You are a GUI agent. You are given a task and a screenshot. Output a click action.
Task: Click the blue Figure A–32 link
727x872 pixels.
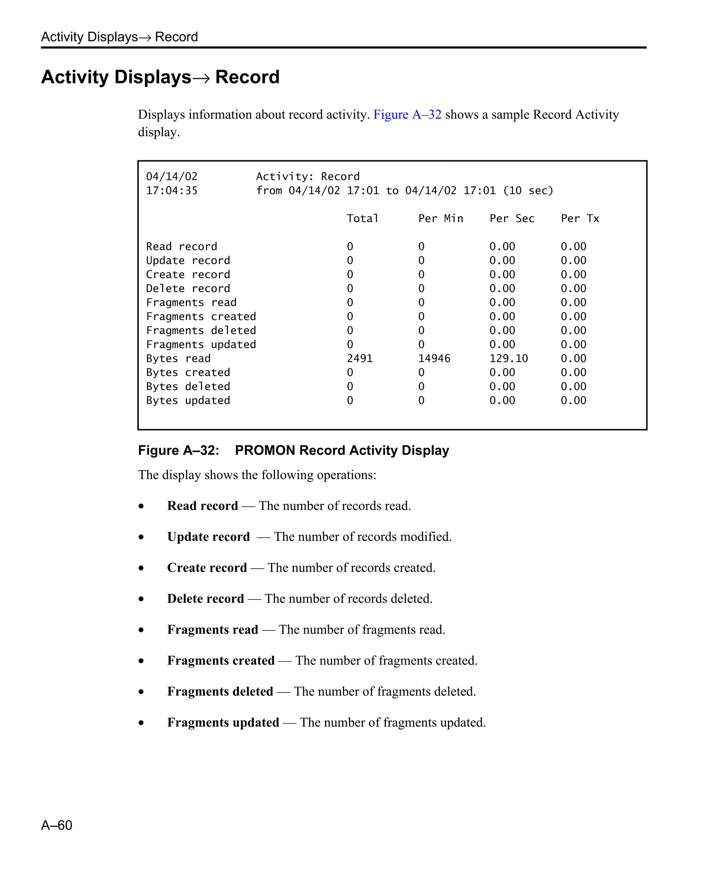407,114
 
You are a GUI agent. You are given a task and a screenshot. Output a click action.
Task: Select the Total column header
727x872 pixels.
362,219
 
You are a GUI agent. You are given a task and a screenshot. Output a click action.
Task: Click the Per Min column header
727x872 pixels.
441,219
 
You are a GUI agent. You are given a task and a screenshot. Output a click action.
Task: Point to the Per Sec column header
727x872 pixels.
512,219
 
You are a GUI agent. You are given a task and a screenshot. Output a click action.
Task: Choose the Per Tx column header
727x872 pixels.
580,219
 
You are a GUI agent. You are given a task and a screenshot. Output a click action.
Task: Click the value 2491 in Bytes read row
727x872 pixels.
359,358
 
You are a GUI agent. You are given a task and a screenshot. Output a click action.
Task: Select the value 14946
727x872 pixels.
434,358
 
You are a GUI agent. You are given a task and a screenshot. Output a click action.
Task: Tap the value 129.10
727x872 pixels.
508,358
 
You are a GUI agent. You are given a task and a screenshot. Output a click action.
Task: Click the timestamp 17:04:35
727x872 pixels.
171,191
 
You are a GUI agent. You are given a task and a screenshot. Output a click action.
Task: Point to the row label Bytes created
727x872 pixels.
188,372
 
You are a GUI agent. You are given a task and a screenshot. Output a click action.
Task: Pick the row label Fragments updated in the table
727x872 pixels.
201,344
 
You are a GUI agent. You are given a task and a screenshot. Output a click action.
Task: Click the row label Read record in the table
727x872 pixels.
181,246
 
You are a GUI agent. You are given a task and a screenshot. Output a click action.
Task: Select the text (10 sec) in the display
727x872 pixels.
528,191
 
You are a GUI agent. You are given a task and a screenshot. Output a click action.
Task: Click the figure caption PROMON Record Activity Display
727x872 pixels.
341,450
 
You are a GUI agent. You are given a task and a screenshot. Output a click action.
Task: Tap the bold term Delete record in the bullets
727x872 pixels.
205,598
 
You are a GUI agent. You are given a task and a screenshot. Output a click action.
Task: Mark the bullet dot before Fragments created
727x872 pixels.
141,661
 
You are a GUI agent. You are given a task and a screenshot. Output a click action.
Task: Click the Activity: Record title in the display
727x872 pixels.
307,176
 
